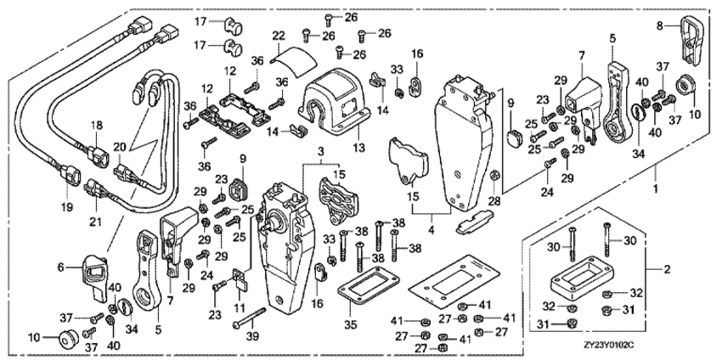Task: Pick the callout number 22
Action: [x=279, y=36]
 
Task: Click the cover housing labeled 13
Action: [x=331, y=102]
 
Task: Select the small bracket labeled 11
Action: [x=240, y=278]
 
